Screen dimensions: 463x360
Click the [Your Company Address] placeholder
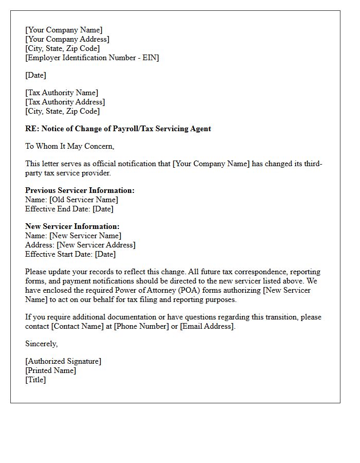(x=67, y=39)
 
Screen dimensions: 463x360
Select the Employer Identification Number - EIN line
(x=92, y=58)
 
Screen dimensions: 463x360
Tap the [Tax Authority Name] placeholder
(x=62, y=93)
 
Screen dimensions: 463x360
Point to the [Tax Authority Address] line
(x=65, y=102)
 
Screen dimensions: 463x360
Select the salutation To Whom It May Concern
(x=70, y=146)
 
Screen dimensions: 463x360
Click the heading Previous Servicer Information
(x=80, y=190)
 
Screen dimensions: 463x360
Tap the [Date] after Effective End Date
(x=103, y=209)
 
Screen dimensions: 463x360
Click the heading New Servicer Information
(x=72, y=226)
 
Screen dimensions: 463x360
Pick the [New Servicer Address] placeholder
(x=96, y=245)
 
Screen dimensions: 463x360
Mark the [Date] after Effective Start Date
(x=105, y=254)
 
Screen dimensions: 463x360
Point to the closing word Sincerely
(x=41, y=344)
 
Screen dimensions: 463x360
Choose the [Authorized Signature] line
(x=63, y=361)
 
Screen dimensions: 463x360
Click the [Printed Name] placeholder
(x=50, y=370)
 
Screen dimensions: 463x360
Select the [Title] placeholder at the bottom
(x=35, y=380)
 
